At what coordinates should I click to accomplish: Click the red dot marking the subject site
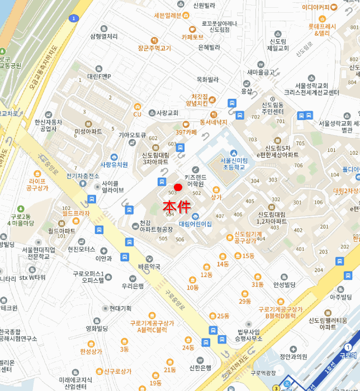[178, 187]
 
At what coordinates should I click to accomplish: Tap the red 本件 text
[177, 205]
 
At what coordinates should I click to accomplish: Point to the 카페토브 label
[192, 37]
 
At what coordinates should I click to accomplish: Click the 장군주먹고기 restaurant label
[154, 48]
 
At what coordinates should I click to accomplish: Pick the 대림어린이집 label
[195, 223]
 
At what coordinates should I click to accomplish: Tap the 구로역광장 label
[264, 373]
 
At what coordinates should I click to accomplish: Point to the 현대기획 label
[120, 308]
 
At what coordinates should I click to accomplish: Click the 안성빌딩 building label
[284, 284]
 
